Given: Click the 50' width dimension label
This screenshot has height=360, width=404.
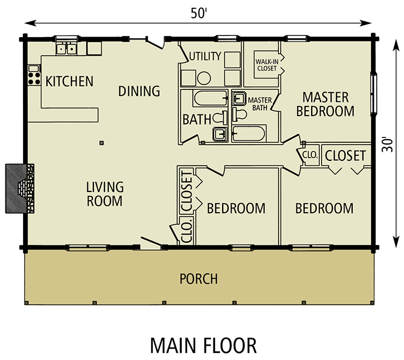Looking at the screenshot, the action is click(x=199, y=13).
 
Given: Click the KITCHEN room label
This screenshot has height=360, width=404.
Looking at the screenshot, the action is click(x=69, y=81).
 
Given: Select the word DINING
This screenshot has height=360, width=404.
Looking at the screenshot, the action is click(x=139, y=91).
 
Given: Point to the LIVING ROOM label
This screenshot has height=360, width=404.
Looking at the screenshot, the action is click(x=105, y=194).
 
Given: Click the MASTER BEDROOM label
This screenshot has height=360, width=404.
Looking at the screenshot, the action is click(x=325, y=104).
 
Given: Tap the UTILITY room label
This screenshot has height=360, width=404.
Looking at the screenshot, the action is click(x=205, y=56).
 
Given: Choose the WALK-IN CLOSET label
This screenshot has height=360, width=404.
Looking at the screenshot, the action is click(x=267, y=65).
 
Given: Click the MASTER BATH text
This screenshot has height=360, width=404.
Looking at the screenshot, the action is click(x=260, y=104).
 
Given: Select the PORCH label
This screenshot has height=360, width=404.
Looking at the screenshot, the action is click(x=198, y=279).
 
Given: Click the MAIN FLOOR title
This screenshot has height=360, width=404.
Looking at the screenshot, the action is click(x=203, y=346).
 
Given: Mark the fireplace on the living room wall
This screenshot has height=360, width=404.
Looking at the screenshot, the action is click(x=20, y=189).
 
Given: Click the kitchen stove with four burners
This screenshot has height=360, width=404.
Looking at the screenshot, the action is click(x=34, y=75).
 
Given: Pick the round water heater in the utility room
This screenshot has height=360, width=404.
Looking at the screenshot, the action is click(x=204, y=78).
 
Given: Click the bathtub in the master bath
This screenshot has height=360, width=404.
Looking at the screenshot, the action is click(x=248, y=134).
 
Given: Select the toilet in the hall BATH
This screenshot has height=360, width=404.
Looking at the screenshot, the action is click(x=219, y=118).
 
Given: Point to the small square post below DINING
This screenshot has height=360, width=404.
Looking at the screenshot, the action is click(x=102, y=143).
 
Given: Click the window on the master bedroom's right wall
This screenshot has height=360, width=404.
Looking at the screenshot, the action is click(x=373, y=93).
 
